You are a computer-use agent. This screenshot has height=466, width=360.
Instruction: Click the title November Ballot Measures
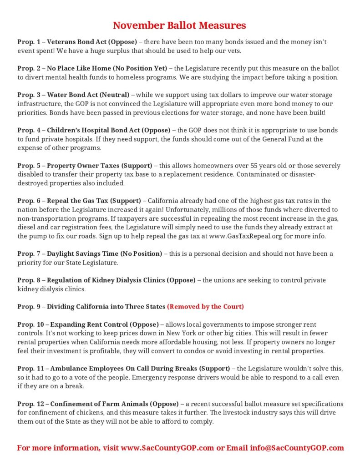tap(179, 25)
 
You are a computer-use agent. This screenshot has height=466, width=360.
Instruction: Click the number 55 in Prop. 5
tap(239, 166)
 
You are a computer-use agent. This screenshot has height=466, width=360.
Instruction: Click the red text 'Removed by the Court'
tap(205, 307)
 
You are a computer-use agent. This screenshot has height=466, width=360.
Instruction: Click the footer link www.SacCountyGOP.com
tap(167, 448)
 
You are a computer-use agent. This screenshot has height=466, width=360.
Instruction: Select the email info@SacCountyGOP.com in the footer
tap(297, 448)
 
